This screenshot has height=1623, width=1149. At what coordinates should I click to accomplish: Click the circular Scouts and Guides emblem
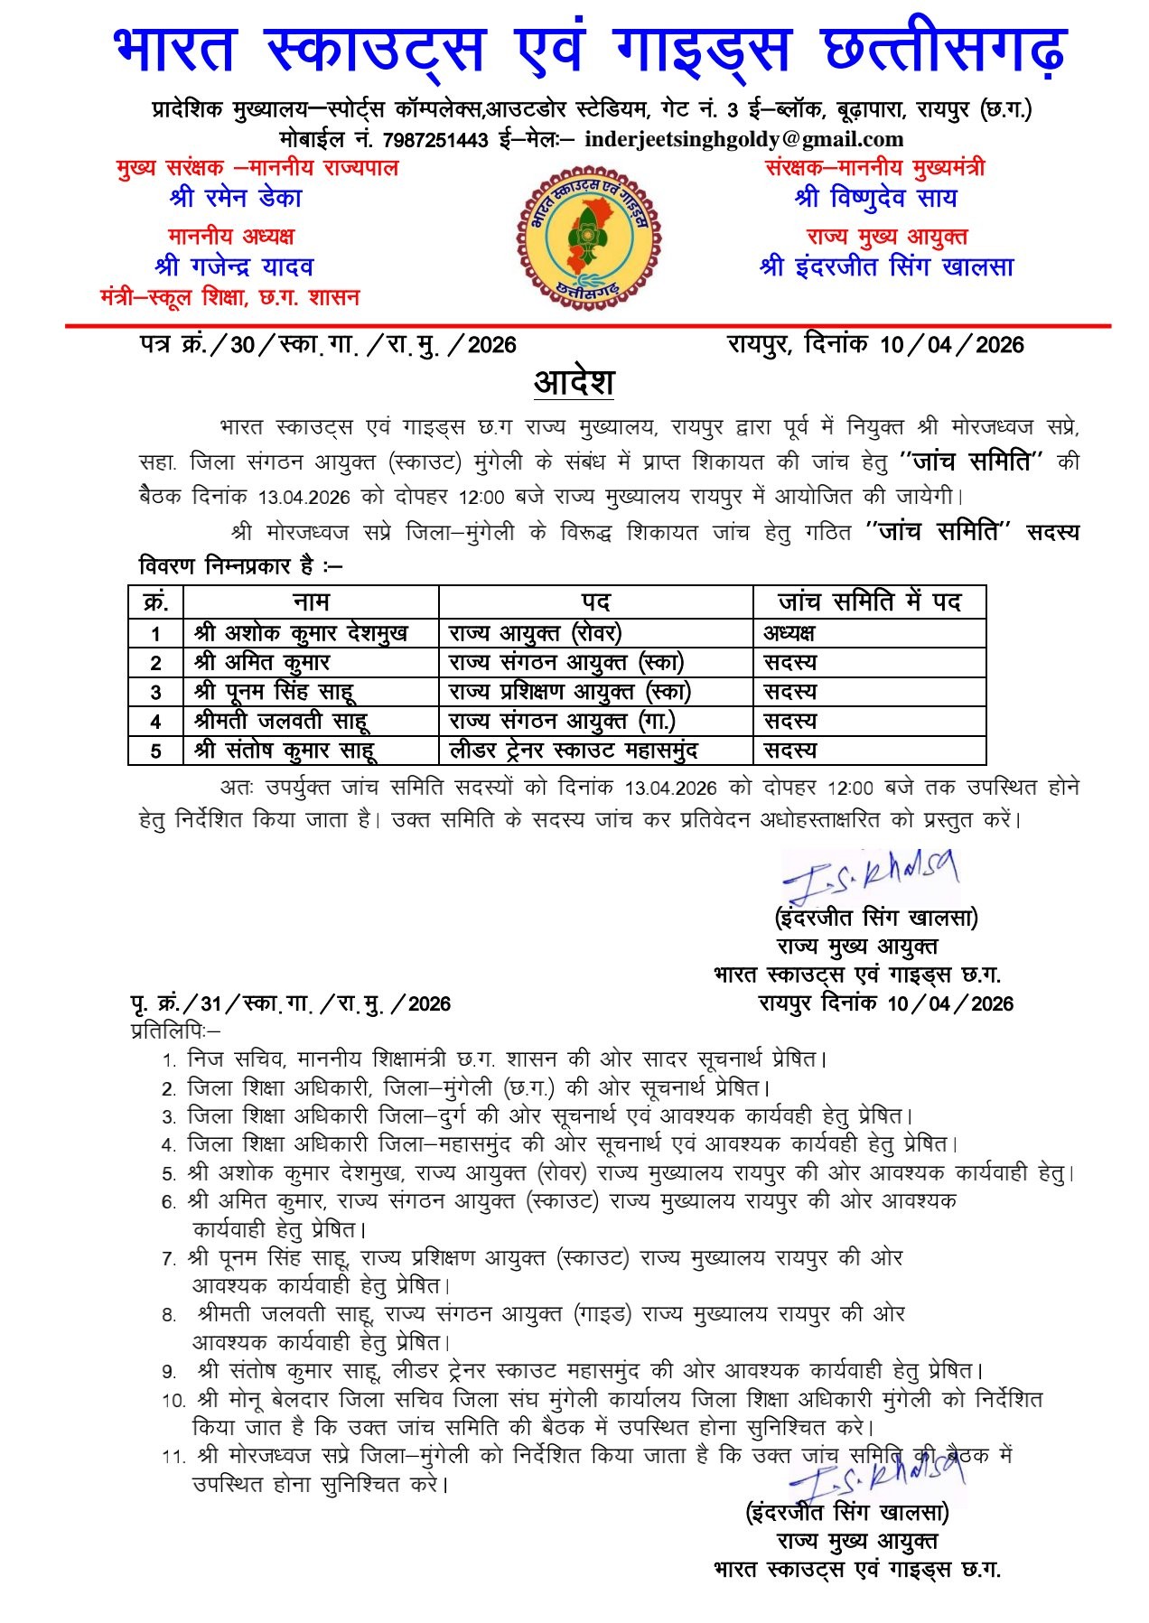tap(588, 232)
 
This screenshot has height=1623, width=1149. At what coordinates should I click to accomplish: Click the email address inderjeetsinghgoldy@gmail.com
tap(743, 140)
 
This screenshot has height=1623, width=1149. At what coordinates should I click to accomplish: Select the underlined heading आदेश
tap(574, 382)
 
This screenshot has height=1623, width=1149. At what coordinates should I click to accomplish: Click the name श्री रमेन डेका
tap(235, 198)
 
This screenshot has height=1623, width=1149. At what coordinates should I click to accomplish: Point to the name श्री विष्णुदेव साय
tap(875, 198)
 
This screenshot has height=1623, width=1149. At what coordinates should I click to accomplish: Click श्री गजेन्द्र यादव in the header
tap(234, 266)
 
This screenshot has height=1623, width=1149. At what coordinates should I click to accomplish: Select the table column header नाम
tap(311, 602)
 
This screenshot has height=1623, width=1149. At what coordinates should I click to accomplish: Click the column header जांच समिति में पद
tap(869, 602)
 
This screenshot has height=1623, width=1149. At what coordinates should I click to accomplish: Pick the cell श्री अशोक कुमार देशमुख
tap(301, 632)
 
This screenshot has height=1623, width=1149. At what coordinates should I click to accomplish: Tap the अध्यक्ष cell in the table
tap(789, 632)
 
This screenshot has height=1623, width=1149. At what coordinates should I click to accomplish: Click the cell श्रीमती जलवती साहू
tap(281, 721)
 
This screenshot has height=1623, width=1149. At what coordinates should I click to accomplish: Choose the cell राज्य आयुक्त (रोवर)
tap(535, 632)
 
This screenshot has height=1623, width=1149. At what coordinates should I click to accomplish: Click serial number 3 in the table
tap(155, 692)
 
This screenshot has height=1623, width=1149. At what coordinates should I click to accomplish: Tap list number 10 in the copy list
tap(173, 1401)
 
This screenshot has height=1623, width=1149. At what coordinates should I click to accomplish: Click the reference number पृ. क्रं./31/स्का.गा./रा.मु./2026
tap(290, 1003)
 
